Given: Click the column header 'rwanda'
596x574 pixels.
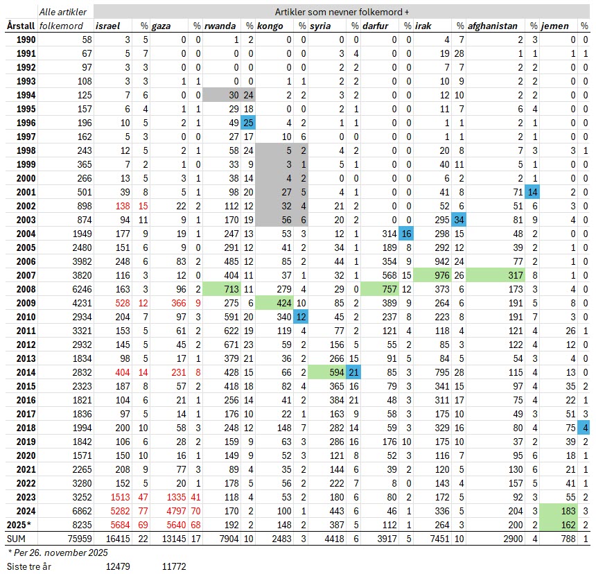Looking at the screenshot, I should [x=220, y=26].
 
